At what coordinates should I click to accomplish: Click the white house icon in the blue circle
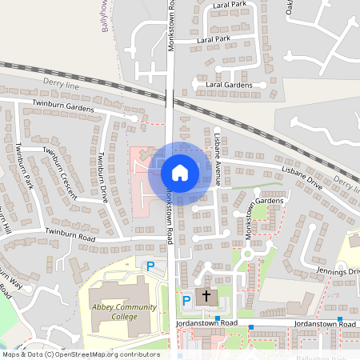(180, 173)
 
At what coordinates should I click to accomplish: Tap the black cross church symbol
(206, 296)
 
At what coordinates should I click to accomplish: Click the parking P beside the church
(186, 300)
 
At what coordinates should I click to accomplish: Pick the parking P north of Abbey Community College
(149, 266)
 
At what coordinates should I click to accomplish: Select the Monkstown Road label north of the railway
(171, 26)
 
